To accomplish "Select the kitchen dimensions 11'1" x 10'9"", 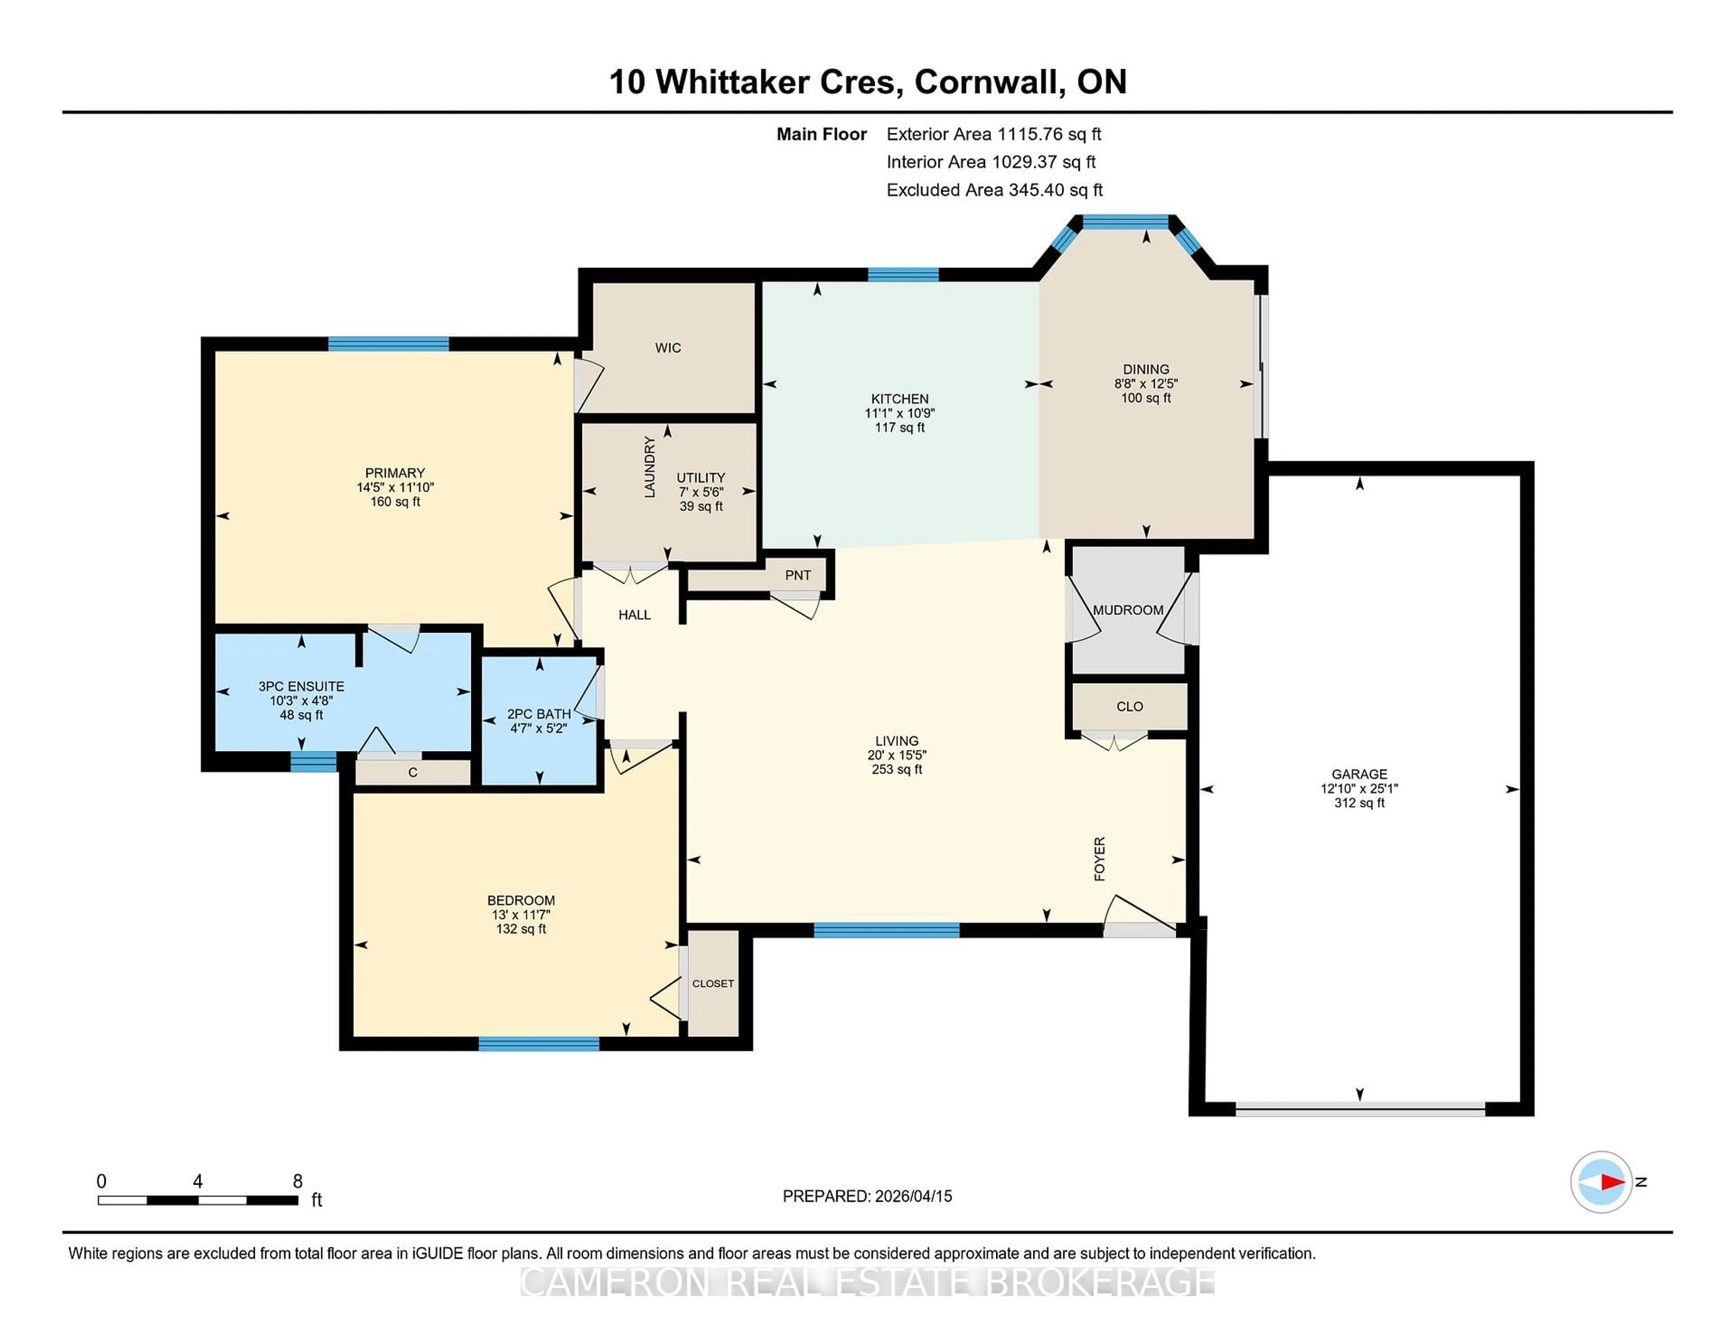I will click(899, 413).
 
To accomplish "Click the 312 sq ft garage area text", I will click(1359, 803).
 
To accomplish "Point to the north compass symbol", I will click(1601, 1182).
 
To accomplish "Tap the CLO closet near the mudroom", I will click(1129, 706).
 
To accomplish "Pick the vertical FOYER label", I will click(1099, 859).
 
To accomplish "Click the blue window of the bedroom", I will click(539, 1044).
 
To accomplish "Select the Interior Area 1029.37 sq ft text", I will click(991, 162).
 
